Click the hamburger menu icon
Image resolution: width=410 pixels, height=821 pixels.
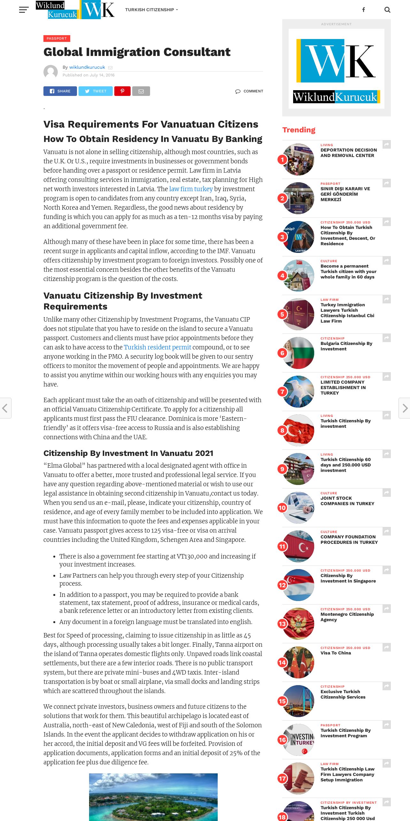click(24, 10)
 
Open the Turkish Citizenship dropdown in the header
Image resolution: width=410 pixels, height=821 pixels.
click(151, 10)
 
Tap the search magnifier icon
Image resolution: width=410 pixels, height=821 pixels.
click(387, 10)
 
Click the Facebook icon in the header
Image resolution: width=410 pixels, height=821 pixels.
click(363, 10)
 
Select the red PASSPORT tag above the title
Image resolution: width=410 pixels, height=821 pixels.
click(57, 38)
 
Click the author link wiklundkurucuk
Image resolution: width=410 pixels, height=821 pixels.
click(87, 67)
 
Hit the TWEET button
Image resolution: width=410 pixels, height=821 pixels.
click(95, 91)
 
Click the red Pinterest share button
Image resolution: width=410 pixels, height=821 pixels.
click(122, 91)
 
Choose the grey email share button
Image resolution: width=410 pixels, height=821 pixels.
click(141, 91)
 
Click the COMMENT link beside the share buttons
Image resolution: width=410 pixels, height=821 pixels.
click(249, 91)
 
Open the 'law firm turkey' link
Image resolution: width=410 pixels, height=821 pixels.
click(191, 189)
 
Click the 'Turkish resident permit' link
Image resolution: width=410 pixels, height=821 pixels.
click(157, 347)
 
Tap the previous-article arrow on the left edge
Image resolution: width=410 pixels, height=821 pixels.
click(5, 408)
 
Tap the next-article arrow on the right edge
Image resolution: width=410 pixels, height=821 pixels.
click(405, 408)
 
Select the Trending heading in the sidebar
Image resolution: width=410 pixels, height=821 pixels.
click(299, 130)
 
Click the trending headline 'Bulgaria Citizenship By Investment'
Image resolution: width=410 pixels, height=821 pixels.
click(346, 346)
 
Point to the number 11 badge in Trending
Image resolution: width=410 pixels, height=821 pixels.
click(282, 546)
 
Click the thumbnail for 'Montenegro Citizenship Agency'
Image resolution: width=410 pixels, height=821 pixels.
click(299, 623)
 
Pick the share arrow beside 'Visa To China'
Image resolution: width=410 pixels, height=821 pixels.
click(387, 647)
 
